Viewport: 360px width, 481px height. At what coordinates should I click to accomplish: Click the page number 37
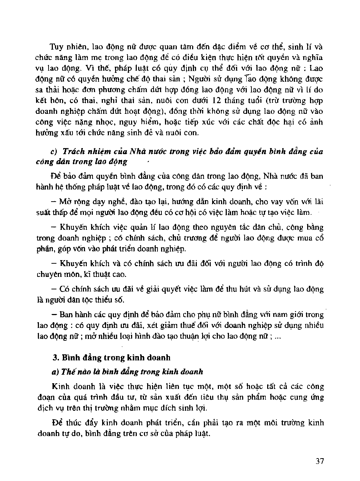pyautogui.click(x=320, y=461)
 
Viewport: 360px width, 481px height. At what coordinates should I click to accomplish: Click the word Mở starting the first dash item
pyautogui.click(x=65, y=202)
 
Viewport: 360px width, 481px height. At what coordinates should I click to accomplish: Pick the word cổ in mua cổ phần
pyautogui.click(x=319, y=238)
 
